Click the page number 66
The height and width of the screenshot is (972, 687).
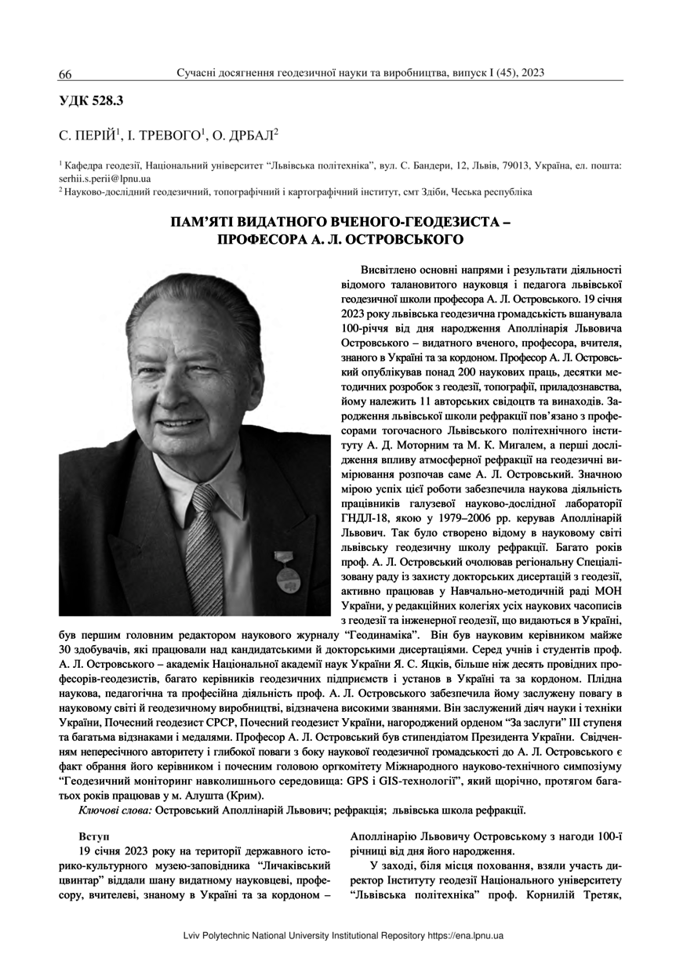[65, 74]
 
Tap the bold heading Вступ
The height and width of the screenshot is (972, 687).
[94, 836]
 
